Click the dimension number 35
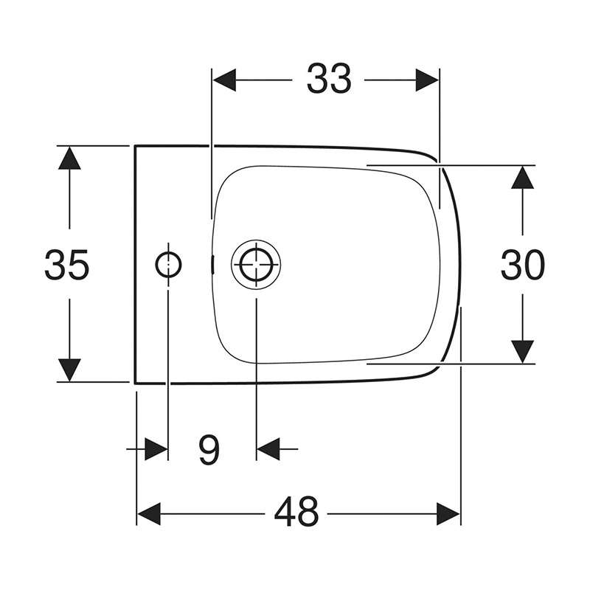click(67, 264)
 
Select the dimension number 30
click(522, 264)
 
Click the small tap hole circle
click(168, 264)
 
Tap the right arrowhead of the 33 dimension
click(428, 79)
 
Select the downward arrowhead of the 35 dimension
click(69, 369)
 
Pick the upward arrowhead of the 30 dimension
click(522, 177)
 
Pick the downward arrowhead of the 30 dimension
click(522, 351)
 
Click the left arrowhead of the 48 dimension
click(149, 513)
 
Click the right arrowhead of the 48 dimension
click(448, 513)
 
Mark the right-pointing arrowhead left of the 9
click(156, 448)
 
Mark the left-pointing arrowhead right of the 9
click(268, 448)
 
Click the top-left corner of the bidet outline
click(135, 146)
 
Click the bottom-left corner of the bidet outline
click(135, 383)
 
